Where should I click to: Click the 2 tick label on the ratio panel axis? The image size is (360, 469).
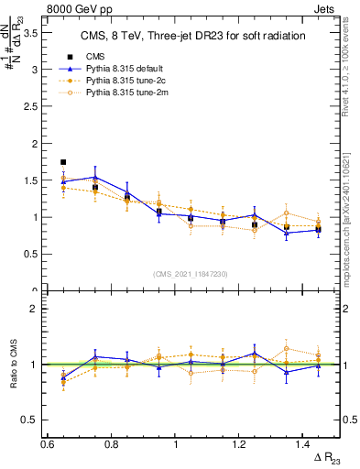[x=33, y=309]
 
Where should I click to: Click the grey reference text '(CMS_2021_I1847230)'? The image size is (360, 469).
[x=191, y=274]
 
